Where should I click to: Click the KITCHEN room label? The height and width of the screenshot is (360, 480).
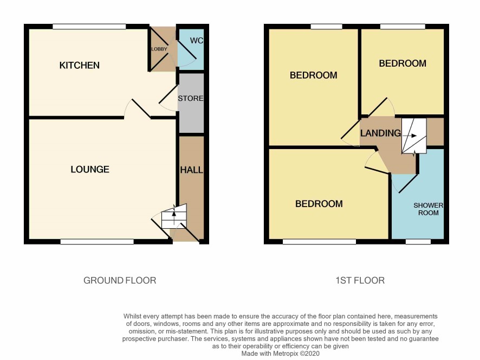(79, 65)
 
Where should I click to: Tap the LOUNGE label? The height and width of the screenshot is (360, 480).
(90, 170)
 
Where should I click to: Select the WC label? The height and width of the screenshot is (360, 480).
(196, 41)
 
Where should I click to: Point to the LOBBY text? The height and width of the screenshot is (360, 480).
(159, 49)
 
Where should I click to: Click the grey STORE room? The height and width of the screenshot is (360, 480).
(191, 103)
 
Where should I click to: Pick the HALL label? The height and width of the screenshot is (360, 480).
(191, 170)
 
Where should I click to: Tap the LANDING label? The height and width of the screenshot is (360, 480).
(380, 133)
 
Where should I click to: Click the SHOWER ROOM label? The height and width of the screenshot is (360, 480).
(429, 209)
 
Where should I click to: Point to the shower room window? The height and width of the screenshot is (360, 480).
(418, 242)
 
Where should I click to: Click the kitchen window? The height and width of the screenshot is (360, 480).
(89, 27)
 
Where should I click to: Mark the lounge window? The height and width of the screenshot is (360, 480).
(97, 242)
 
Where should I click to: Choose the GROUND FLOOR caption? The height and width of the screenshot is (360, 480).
(120, 280)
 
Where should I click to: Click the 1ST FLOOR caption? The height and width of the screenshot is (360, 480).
(360, 280)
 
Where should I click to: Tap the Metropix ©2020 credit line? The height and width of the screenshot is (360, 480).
(281, 353)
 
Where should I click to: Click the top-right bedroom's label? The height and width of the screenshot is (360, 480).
(403, 63)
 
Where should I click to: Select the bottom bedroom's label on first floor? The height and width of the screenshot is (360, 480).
(319, 204)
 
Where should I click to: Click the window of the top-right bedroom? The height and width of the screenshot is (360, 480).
(403, 27)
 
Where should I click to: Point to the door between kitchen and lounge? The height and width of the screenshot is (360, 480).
(141, 108)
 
